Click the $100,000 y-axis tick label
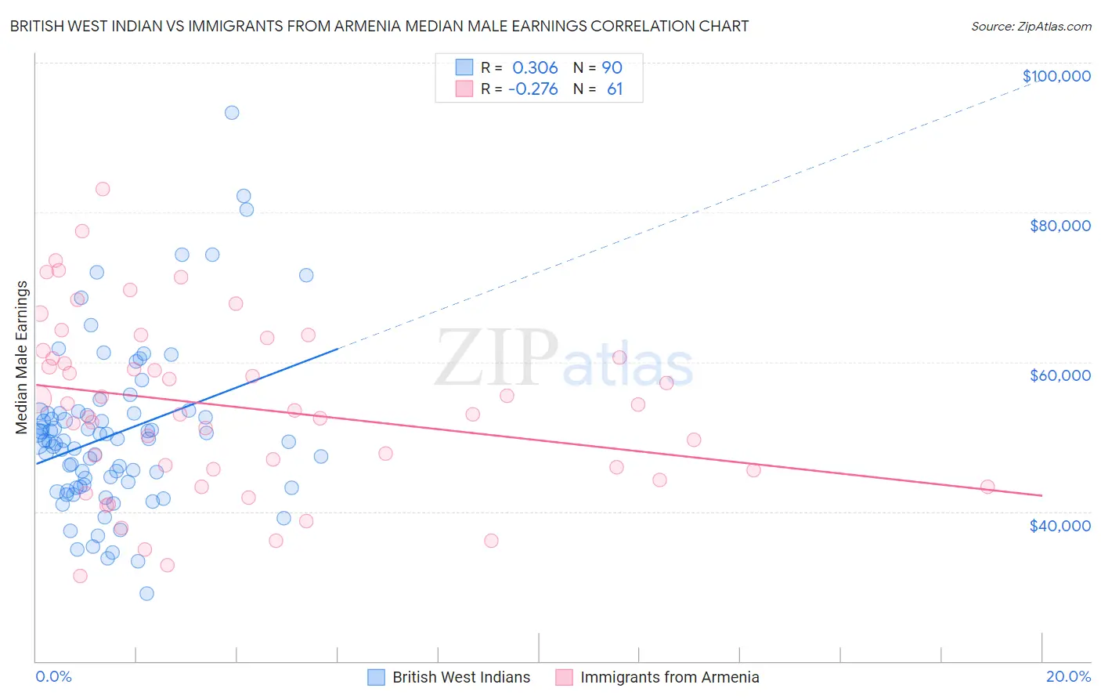point(1056,76)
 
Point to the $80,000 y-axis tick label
point(1059,226)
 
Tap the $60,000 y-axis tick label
point(1059,375)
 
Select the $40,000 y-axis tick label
point(1059,525)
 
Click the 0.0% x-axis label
point(53,676)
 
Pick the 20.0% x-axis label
point(1068,676)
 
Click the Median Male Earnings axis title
point(22,357)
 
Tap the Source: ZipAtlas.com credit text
point(1031,26)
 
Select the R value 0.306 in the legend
point(535,67)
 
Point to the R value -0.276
point(532,89)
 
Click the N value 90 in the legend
point(612,67)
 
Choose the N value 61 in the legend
point(615,89)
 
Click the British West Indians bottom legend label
point(461,677)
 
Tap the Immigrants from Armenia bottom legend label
point(670,677)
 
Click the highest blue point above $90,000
point(232,112)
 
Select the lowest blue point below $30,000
point(146,593)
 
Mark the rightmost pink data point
point(987,487)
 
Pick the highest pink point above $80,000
point(103,189)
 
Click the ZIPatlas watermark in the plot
point(564,359)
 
